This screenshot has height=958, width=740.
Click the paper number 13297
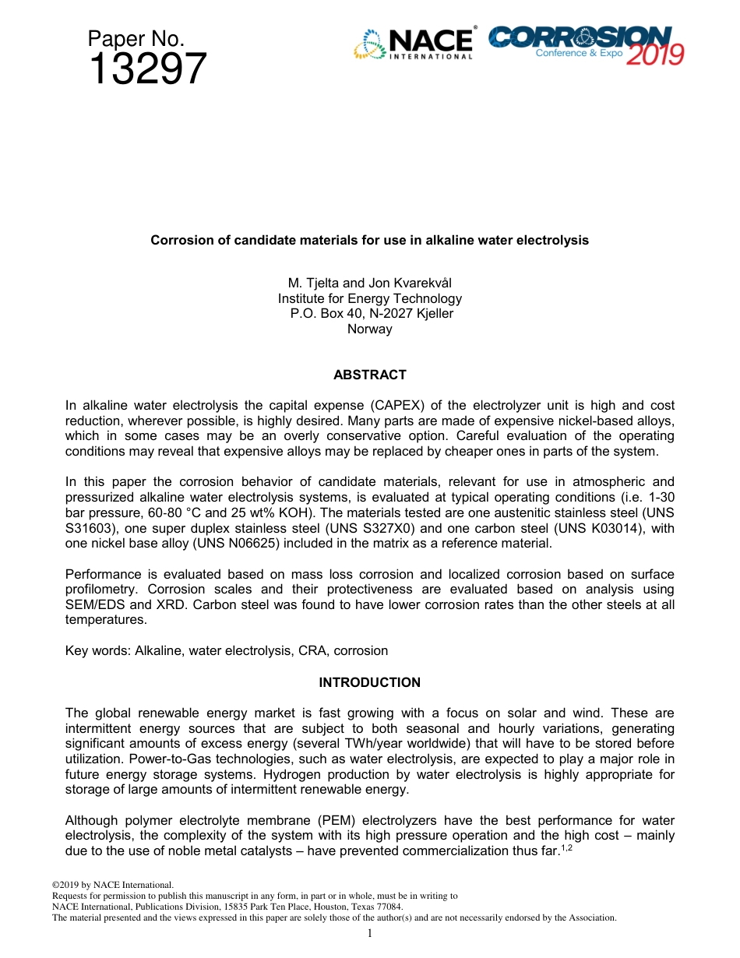(x=148, y=69)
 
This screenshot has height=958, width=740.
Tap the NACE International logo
(x=414, y=44)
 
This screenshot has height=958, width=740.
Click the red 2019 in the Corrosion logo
(x=654, y=55)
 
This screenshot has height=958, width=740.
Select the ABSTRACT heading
(x=369, y=375)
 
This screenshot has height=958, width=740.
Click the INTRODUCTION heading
(x=369, y=682)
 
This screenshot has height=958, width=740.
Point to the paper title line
(x=369, y=240)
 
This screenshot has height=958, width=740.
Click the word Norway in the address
(x=369, y=329)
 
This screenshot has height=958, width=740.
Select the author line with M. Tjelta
(x=369, y=283)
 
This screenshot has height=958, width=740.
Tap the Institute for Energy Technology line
(x=369, y=298)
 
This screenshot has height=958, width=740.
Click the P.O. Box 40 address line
(x=369, y=314)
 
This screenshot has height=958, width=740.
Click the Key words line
(x=226, y=650)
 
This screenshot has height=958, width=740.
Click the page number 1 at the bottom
(x=370, y=933)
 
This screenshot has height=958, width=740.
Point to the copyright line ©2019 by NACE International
(x=112, y=886)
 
